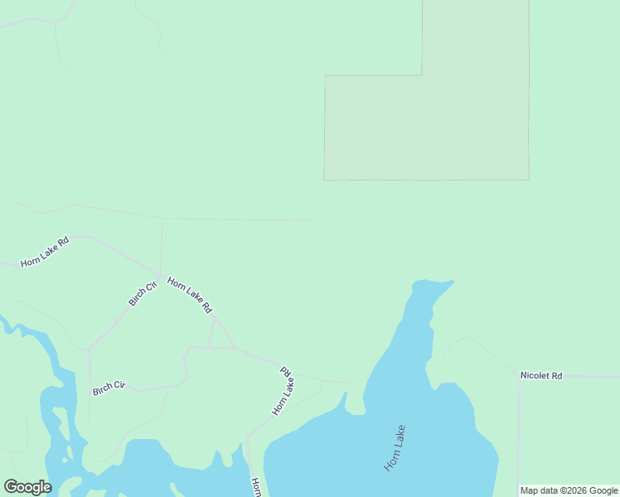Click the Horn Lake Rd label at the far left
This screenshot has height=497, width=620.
(45, 252)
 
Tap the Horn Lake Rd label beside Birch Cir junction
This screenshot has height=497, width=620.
(189, 295)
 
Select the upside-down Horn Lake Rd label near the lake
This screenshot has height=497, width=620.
(283, 390)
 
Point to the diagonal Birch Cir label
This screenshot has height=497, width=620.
(143, 294)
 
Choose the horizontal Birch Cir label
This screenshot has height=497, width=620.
(109, 388)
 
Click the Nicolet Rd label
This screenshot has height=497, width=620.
(541, 376)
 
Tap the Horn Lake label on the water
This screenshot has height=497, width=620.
(395, 448)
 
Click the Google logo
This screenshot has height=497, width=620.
(27, 487)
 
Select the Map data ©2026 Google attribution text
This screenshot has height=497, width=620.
(569, 490)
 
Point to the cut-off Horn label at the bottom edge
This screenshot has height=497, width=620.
(256, 485)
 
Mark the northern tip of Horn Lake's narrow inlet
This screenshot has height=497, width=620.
(450, 282)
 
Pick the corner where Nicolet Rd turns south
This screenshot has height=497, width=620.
(519, 377)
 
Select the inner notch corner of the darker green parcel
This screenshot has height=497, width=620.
(422, 76)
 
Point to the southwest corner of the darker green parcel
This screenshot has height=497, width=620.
(325, 179)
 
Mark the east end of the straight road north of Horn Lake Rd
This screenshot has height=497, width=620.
(314, 221)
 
